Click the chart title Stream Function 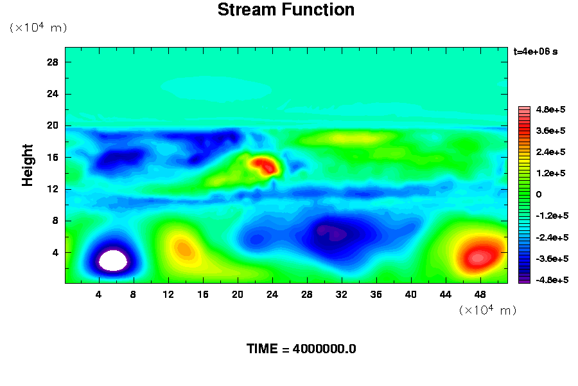(286, 10)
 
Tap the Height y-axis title (27, 165)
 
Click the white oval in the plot (113, 261)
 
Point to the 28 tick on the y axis (53, 62)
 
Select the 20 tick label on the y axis (53, 125)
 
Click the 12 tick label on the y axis (53, 189)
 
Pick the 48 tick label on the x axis (480, 295)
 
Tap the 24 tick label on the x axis (272, 295)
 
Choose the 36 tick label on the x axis (376, 295)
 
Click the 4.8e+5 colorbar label (551, 110)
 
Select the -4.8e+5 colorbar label (552, 280)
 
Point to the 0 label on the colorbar (539, 195)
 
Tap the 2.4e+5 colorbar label (551, 152)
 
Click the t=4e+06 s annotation (536, 51)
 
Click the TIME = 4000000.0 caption (301, 349)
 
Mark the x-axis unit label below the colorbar (487, 309)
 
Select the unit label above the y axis (39, 27)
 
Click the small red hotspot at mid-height (265, 165)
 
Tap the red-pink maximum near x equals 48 (478, 257)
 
